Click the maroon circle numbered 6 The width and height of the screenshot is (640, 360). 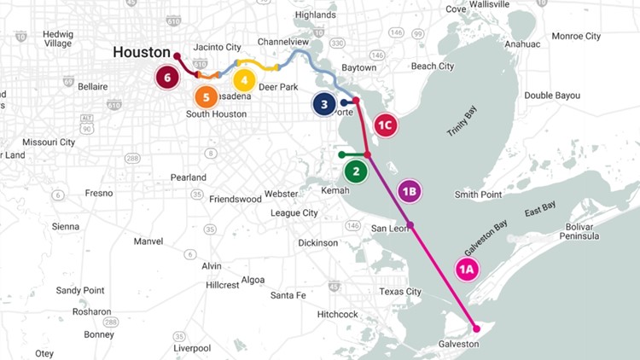coord(167,78)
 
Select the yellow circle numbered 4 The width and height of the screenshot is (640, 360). coord(244,81)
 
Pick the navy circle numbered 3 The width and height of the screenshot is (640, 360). coord(323,105)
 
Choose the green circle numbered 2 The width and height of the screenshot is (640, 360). coord(356,171)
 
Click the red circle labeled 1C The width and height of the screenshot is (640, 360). coord(386,125)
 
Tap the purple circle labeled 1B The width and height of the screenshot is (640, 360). coord(409,191)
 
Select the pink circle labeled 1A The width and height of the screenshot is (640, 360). coord(467,270)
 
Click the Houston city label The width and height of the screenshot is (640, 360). coord(142,52)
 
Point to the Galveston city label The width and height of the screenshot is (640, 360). coord(467,344)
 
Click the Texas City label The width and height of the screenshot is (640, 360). coord(400,292)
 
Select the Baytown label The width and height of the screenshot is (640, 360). coord(358,67)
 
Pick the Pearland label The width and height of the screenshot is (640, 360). coord(189,177)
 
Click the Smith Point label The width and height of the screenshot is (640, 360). coord(478,195)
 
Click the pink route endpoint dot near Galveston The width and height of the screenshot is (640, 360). coord(477,328)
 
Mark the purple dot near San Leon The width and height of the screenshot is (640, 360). coord(410,225)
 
